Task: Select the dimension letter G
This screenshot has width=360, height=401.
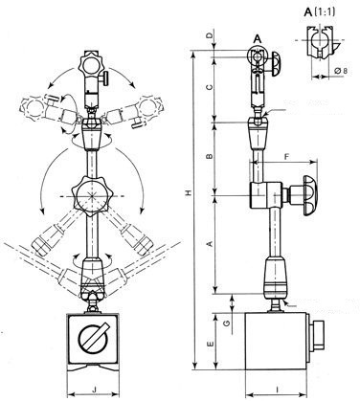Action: pyautogui.click(x=226, y=325)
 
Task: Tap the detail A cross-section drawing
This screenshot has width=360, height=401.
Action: pyautogui.click(x=320, y=44)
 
